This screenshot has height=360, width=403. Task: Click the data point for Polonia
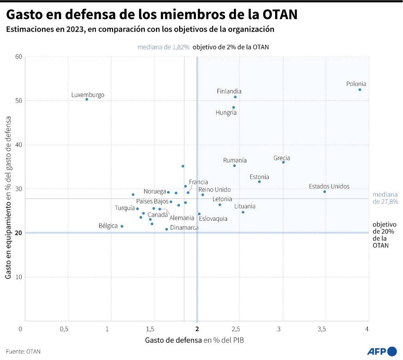coord(360,90)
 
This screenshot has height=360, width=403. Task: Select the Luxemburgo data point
coord(87,99)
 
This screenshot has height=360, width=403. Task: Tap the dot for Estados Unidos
coord(324,192)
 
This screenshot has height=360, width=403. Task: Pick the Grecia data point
coord(283,162)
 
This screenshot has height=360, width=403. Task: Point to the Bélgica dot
coord(122,226)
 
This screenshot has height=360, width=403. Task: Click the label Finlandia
coord(229,91)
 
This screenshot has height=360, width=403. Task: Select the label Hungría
coord(226,113)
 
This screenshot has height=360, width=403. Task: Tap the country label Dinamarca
coord(184,228)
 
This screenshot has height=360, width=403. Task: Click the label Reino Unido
coord(215,190)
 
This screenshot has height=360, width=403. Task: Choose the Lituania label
coord(245,206)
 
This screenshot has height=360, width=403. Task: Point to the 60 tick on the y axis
coord(18,57)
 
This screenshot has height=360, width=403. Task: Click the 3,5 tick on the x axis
coord(322,329)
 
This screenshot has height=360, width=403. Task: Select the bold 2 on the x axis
coord(197,329)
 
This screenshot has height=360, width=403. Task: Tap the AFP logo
coord(382,352)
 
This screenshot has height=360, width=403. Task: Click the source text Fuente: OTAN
coord(23,352)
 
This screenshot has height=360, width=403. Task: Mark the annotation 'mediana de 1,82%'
coord(163,47)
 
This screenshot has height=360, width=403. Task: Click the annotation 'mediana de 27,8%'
coord(385,198)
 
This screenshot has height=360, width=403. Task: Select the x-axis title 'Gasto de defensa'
coord(173,340)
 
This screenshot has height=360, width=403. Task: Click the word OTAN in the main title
coord(279,14)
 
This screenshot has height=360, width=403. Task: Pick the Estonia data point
coord(259,182)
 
